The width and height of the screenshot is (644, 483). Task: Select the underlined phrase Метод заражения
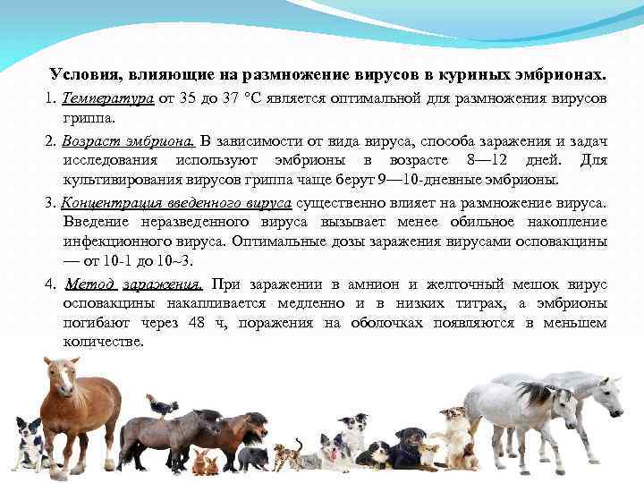pyautogui.click(x=133, y=284)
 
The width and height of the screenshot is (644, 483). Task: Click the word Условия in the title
pyautogui.click(x=80, y=72)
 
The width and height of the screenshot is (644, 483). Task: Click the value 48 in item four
pyautogui.click(x=199, y=323)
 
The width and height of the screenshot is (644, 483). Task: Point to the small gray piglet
pyautogui.click(x=253, y=458)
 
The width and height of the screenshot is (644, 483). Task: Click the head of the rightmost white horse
pyautogui.click(x=608, y=392)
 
